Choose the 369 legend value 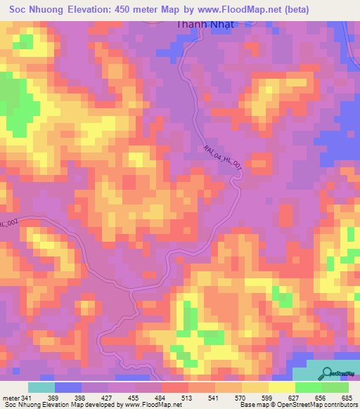tap(67, 398)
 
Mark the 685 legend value tap(346, 398)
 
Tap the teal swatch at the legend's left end tap(41, 387)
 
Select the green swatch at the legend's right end tap(335, 387)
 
